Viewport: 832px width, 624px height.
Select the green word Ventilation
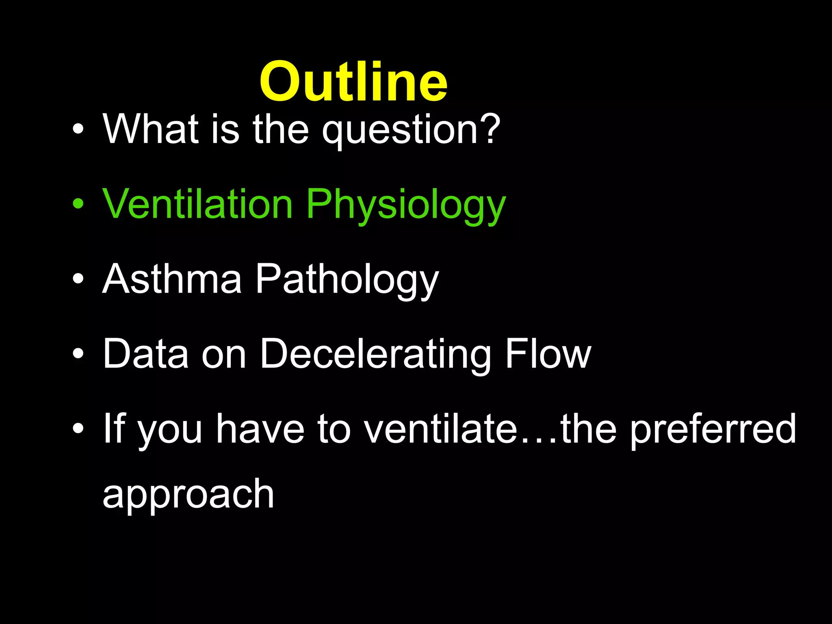tap(197, 204)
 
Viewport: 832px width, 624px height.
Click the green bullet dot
tap(78, 204)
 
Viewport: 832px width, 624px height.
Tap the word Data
tap(145, 354)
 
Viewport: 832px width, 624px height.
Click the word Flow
tap(548, 354)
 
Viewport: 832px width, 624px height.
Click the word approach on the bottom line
tap(188, 495)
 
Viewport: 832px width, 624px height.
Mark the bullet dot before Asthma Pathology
tap(78, 279)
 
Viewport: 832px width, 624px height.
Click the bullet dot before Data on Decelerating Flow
tap(78, 354)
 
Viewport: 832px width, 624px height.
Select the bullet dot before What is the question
tap(78, 129)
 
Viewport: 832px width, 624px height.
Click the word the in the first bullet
tap(281, 129)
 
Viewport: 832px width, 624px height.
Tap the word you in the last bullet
tap(170, 431)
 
